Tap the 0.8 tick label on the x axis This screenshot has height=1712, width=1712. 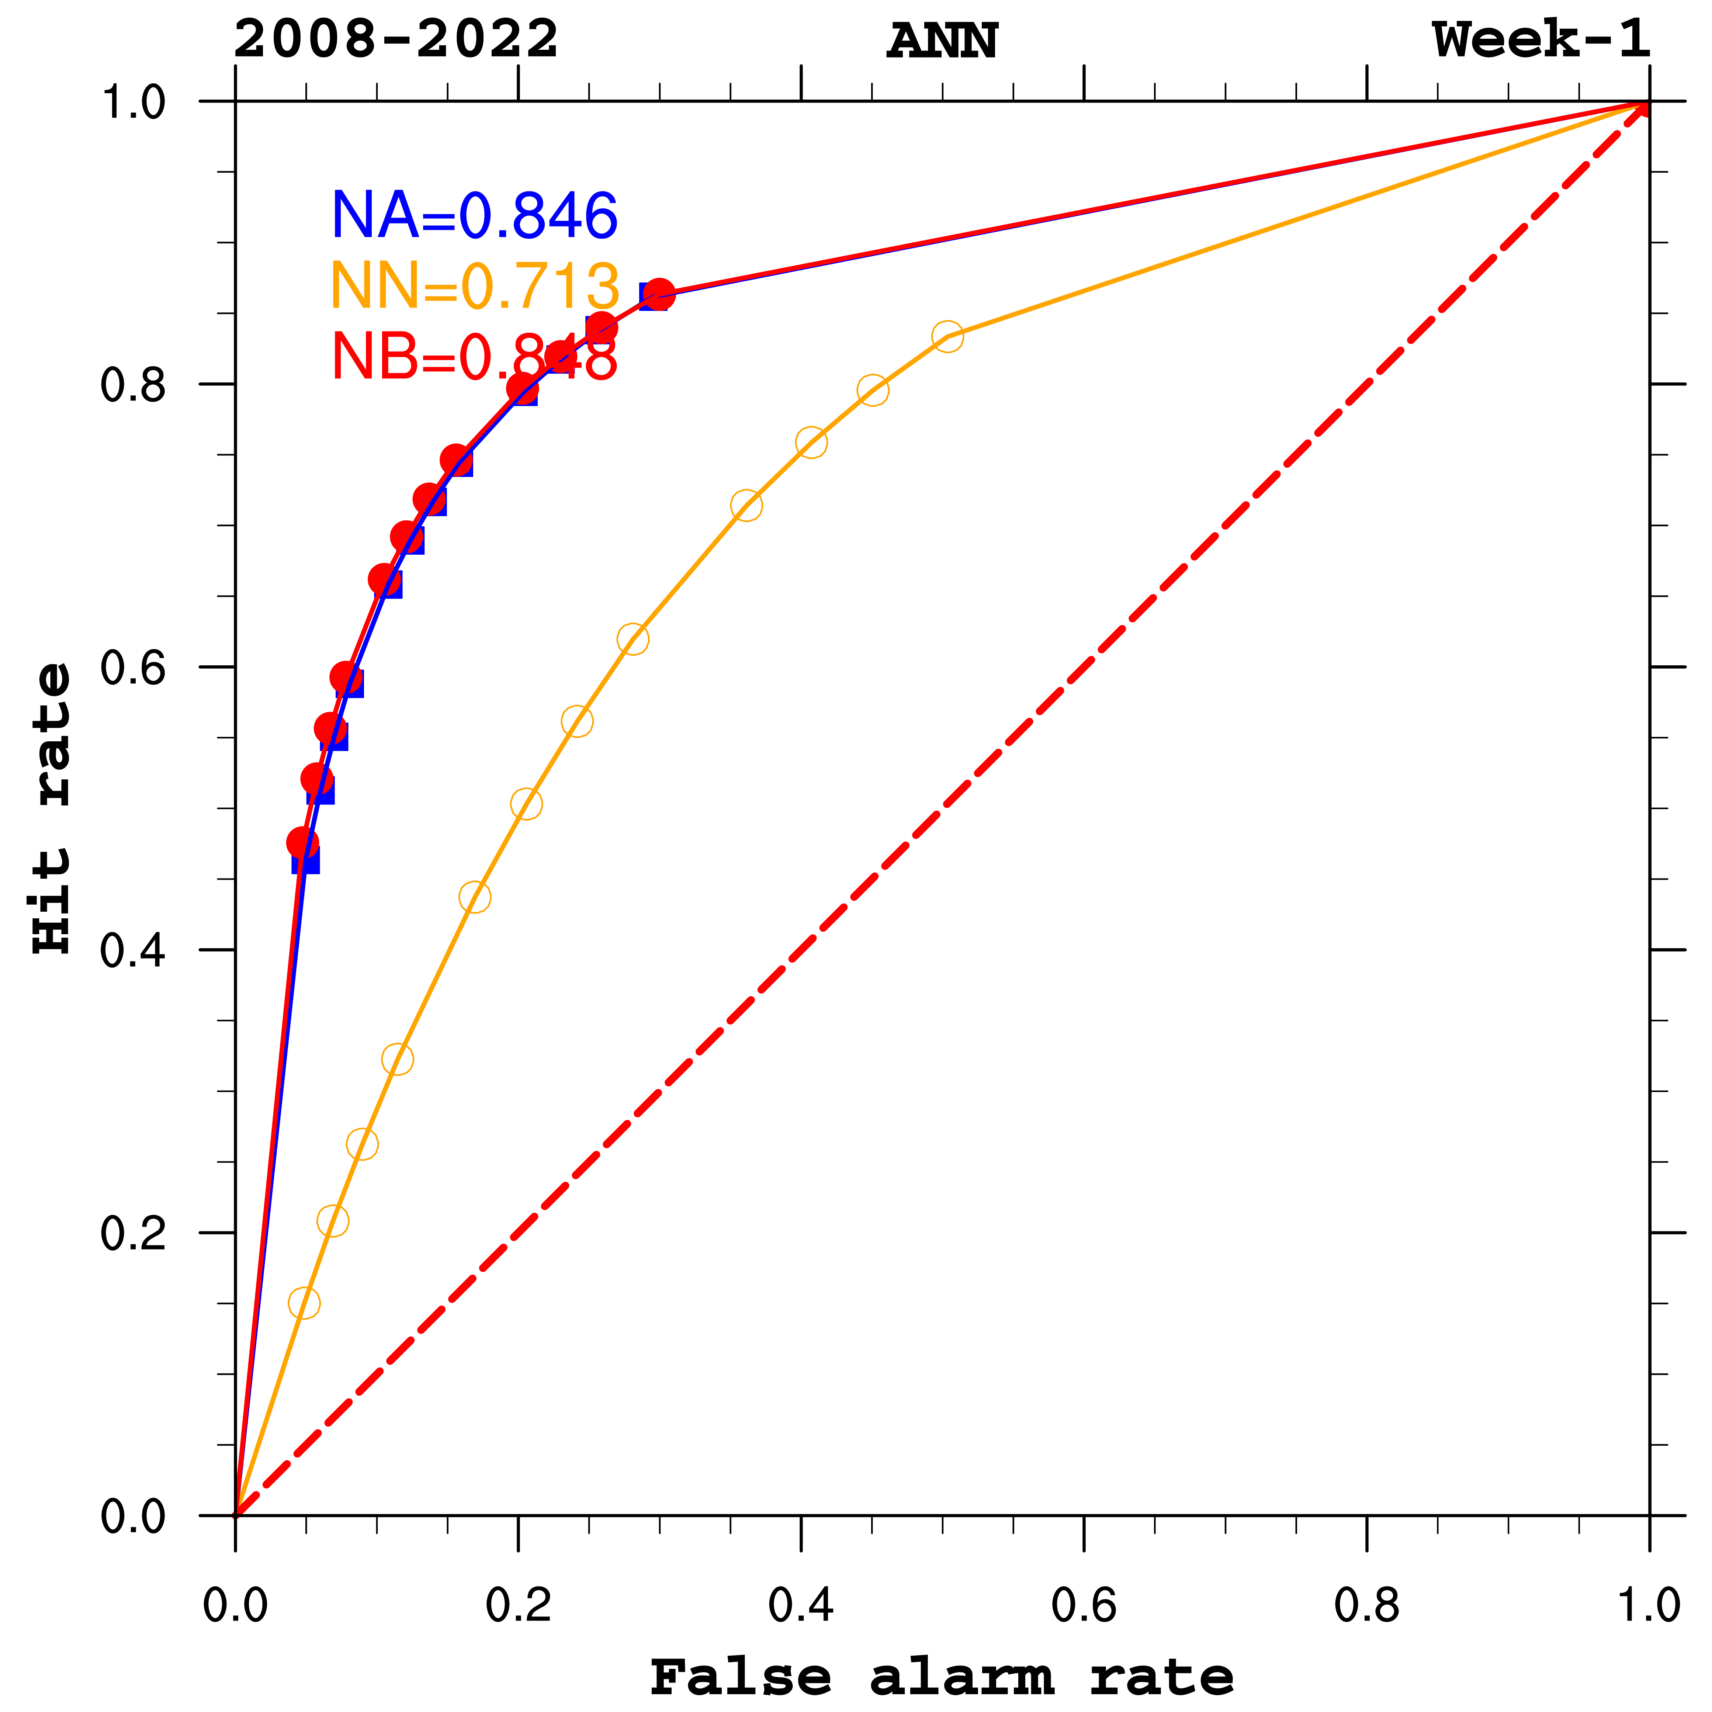coord(1366,1605)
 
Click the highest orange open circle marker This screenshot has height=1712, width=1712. coord(947,336)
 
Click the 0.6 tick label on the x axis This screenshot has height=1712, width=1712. coord(1084,1605)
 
